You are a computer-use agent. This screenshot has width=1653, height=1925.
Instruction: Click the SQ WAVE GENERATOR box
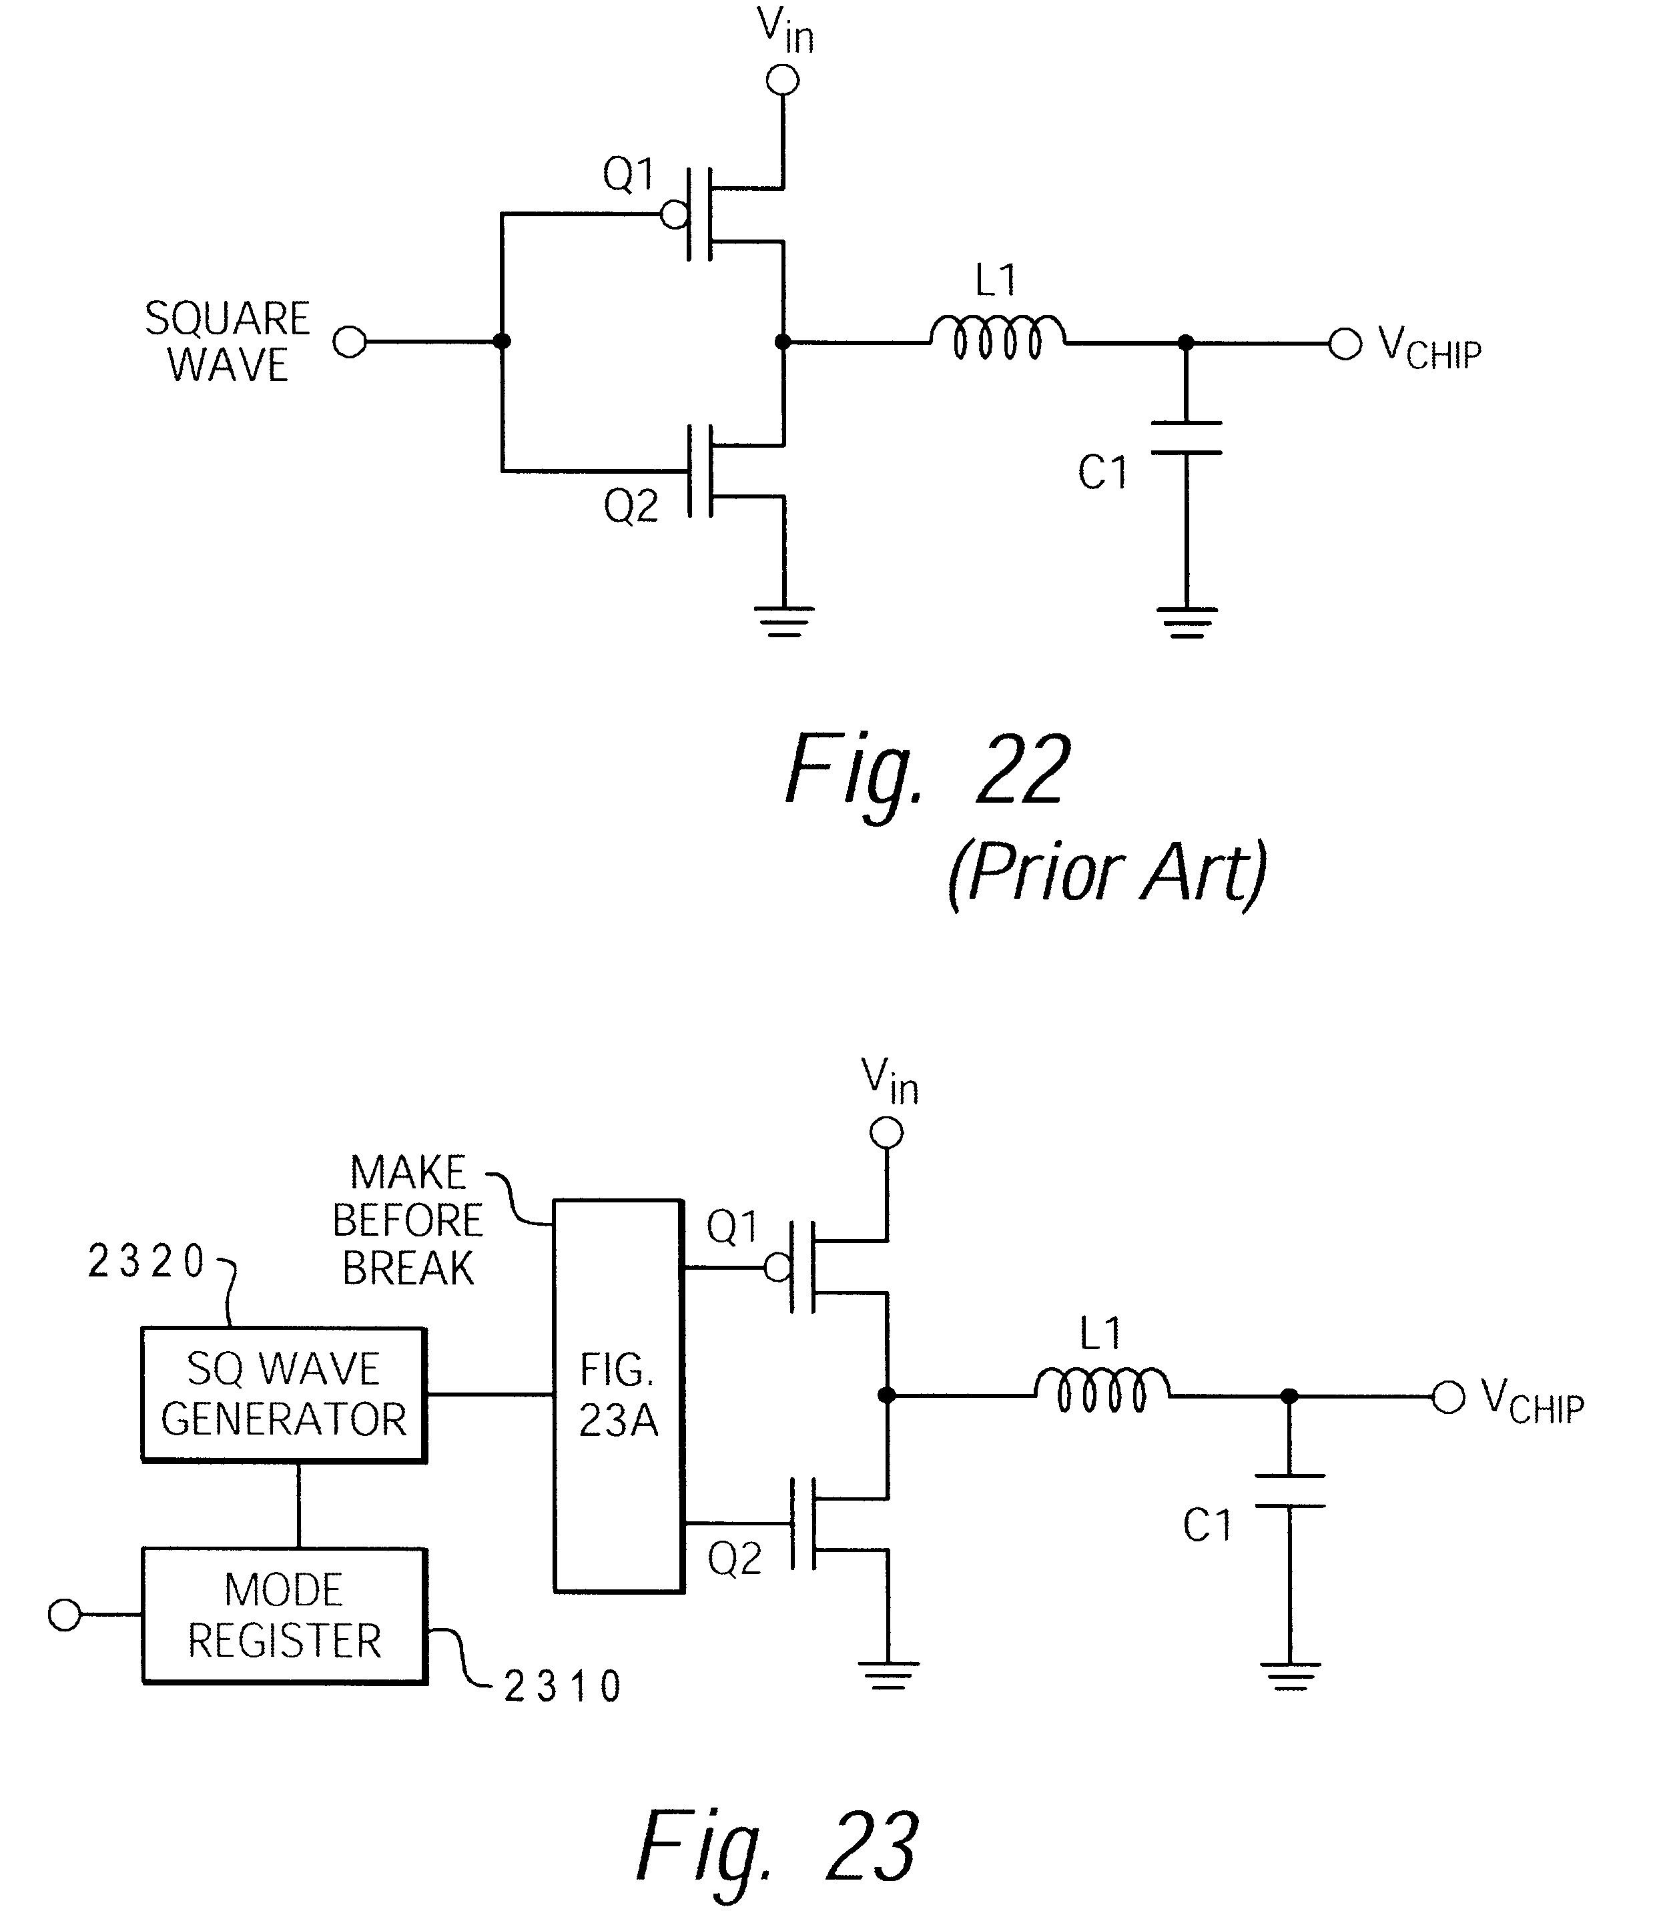coord(284,1395)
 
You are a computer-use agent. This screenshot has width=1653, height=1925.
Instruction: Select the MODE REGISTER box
coord(284,1615)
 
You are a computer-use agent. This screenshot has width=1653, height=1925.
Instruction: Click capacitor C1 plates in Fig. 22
coord(1186,438)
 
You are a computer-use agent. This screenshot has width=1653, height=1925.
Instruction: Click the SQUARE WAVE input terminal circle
coord(350,342)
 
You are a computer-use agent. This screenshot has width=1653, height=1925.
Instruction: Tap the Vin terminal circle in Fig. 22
coord(782,81)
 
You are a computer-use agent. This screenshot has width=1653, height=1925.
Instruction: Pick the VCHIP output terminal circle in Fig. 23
coord(1447,1397)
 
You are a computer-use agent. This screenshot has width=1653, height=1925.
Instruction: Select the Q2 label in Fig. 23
coord(734,1558)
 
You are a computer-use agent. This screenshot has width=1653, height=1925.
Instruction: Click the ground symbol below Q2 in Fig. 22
coord(784,621)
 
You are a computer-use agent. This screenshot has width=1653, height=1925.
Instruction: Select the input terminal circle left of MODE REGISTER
coord(64,1615)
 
